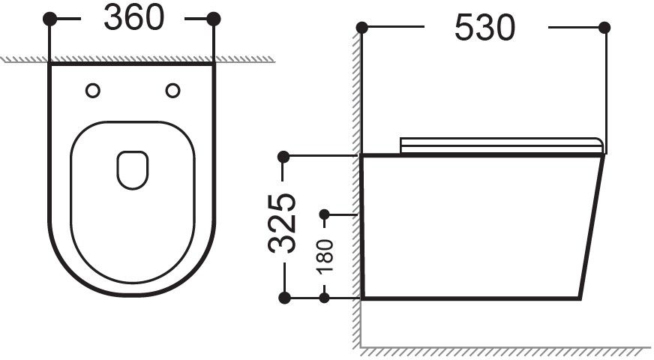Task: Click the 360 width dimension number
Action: click(x=133, y=19)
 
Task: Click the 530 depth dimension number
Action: click(x=485, y=28)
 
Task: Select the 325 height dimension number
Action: click(x=282, y=223)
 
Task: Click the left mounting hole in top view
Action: click(x=93, y=91)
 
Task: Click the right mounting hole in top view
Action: click(x=172, y=91)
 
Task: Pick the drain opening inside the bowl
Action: click(x=133, y=169)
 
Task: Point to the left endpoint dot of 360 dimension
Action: click(x=50, y=19)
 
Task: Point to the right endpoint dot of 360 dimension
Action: click(x=214, y=19)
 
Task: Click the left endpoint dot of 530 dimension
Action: click(x=362, y=28)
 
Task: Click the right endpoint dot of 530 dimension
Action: click(x=604, y=28)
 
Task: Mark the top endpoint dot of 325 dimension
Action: click(x=283, y=156)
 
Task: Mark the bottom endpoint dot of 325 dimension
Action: click(x=284, y=298)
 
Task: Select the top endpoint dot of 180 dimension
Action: click(x=325, y=214)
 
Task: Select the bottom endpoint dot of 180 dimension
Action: click(x=325, y=298)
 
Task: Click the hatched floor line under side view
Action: click(x=502, y=349)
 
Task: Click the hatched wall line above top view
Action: click(x=135, y=59)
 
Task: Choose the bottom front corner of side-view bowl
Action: click(x=579, y=298)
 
